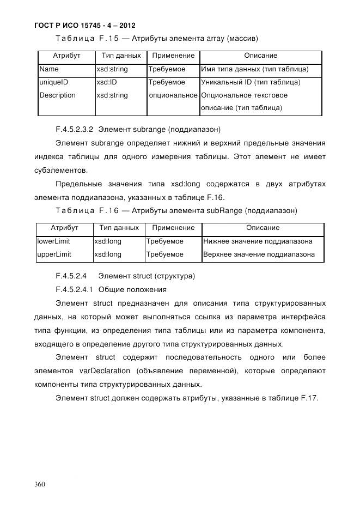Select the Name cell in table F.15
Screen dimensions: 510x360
(49, 70)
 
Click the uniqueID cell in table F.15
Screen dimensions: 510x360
(54, 82)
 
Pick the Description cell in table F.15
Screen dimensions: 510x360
(58, 95)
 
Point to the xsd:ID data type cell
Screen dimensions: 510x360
(107, 82)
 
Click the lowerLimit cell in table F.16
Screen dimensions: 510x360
(53, 241)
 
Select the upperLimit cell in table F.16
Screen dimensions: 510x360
(54, 254)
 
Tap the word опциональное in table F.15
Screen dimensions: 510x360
(173, 95)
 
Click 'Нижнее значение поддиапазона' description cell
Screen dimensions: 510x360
(258, 241)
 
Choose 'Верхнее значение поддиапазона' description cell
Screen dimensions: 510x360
(259, 254)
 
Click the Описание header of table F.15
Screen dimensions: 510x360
(260, 56)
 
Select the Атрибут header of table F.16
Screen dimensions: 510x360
(64, 228)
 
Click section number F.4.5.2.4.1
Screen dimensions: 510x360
(75, 289)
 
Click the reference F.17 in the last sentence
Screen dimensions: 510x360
(309, 398)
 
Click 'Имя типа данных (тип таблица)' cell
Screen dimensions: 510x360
(255, 70)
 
